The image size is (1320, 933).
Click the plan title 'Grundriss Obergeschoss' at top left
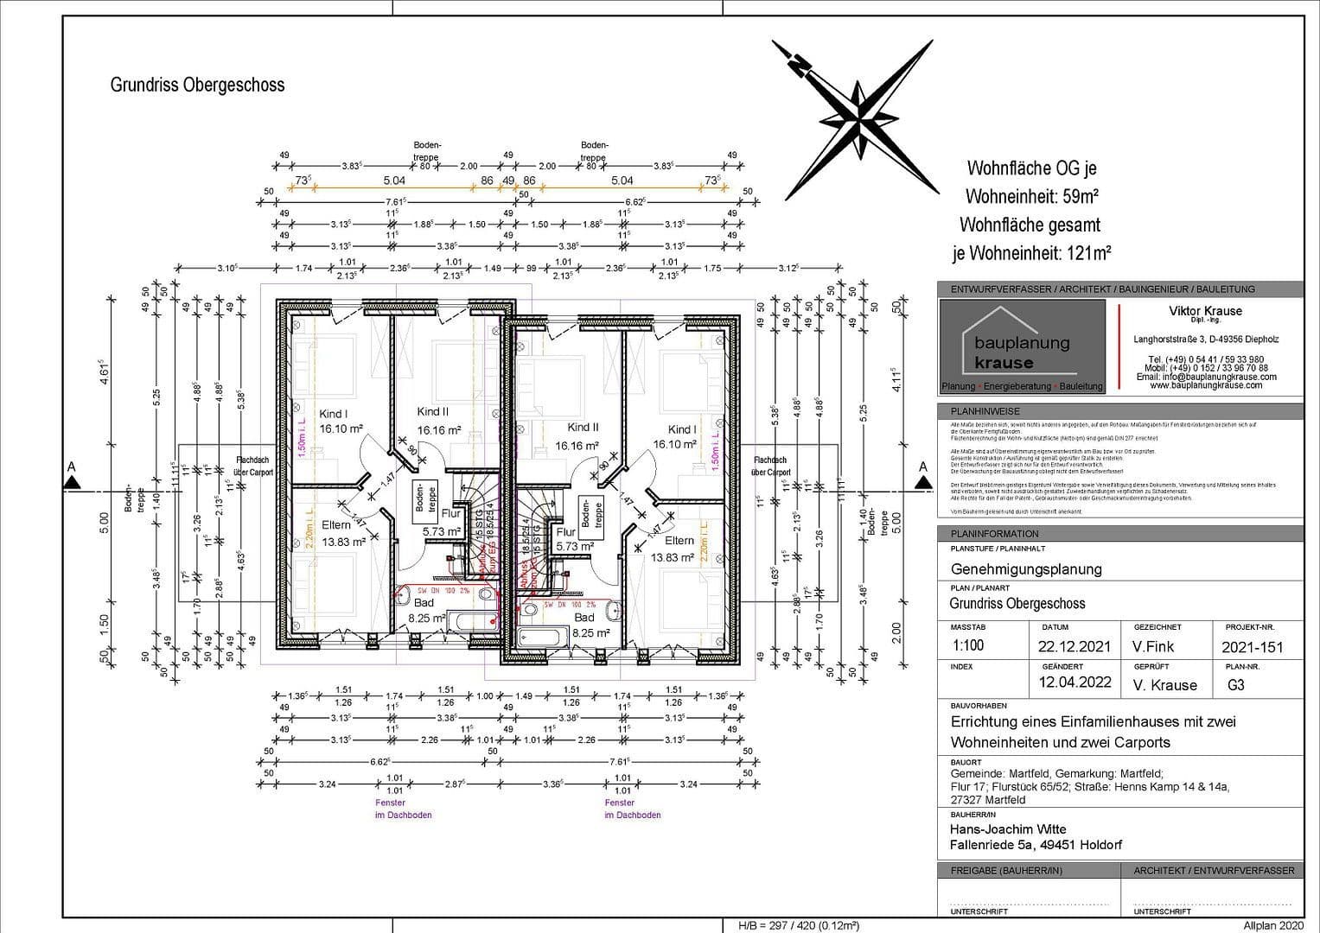coord(197,85)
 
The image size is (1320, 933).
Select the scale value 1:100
coord(967,645)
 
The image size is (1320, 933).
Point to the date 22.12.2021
coord(1073,647)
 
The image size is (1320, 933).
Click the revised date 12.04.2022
coord(1074,682)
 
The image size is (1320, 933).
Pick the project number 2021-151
coord(1253,647)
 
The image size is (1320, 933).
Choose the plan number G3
coord(1236,685)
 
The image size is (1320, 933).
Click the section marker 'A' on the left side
coord(72,467)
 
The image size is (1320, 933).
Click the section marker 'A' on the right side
coord(922,467)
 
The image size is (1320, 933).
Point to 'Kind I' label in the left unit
coord(333,414)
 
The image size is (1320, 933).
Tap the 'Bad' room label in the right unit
coord(584,618)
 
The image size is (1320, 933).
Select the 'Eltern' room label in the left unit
coord(336,525)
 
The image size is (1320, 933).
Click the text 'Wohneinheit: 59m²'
coord(1031,196)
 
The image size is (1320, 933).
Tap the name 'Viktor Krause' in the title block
coord(1205,311)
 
